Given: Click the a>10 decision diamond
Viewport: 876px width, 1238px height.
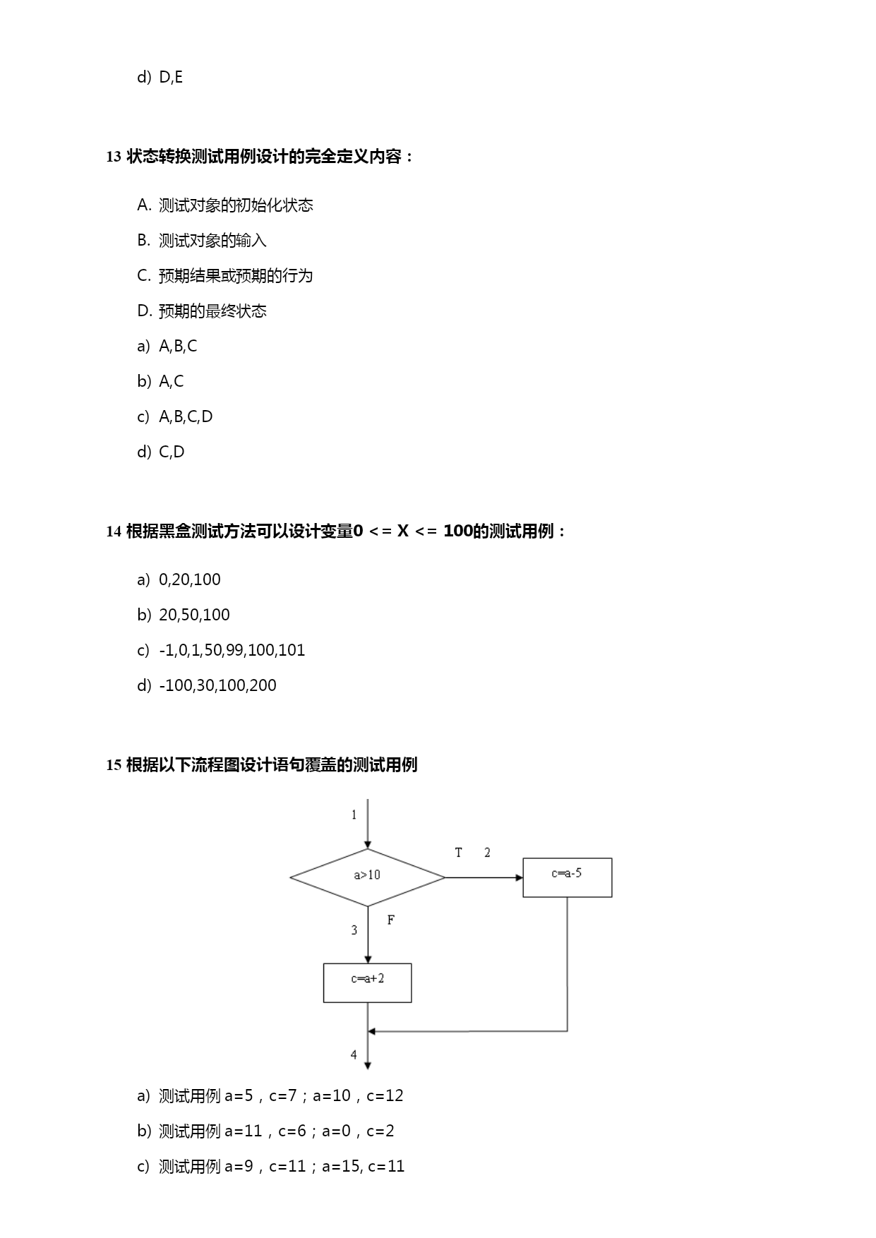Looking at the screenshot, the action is click(367, 877).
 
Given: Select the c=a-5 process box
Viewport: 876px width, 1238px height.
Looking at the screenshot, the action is click(568, 877).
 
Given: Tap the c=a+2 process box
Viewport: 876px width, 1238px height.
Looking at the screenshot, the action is click(367, 982).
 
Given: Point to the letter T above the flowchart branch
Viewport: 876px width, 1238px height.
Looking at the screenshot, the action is click(458, 853).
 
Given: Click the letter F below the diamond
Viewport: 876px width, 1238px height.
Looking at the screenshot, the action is click(390, 920).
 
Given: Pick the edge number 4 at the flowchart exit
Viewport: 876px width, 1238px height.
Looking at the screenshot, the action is click(354, 1054).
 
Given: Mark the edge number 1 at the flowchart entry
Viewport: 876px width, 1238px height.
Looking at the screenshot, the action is click(354, 815).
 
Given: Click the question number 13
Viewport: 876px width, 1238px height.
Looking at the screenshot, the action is click(114, 157).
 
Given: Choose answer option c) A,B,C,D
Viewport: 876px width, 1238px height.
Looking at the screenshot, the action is click(175, 416).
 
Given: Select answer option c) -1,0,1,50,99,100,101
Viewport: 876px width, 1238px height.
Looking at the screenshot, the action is click(221, 650).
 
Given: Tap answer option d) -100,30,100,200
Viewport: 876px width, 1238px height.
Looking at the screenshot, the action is click(207, 685).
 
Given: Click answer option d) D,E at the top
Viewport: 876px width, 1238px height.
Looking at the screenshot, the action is click(160, 77).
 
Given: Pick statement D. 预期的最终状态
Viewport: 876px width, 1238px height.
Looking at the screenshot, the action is click(202, 311).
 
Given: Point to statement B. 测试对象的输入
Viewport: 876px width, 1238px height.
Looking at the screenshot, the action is click(202, 240).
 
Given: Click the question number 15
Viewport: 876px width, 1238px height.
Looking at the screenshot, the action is click(114, 765).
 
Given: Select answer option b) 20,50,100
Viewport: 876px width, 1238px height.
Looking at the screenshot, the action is click(184, 615).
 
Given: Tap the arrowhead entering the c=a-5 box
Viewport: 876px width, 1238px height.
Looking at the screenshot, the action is click(520, 877).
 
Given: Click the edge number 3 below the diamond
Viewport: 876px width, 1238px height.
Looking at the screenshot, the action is click(354, 930).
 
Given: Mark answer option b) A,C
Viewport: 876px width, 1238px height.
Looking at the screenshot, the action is click(160, 381).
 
